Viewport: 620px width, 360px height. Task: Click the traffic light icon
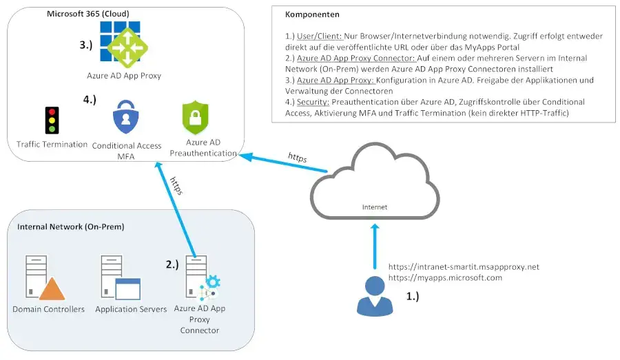point(51,120)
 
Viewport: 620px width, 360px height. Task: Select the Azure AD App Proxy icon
point(123,44)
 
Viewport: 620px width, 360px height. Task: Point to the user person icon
point(374,295)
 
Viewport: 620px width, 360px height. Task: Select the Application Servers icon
point(120,278)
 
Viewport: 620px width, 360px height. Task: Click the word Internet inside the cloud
point(375,207)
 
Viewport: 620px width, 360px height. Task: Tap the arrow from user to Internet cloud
point(374,248)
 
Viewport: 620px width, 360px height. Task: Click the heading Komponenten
point(311,14)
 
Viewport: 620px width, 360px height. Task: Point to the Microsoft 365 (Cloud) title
point(87,13)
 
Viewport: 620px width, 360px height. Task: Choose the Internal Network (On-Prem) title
point(65,226)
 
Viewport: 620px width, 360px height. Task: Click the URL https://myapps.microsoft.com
point(445,278)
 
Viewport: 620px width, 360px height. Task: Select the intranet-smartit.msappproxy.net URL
point(464,266)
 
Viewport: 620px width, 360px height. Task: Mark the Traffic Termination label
point(52,144)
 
